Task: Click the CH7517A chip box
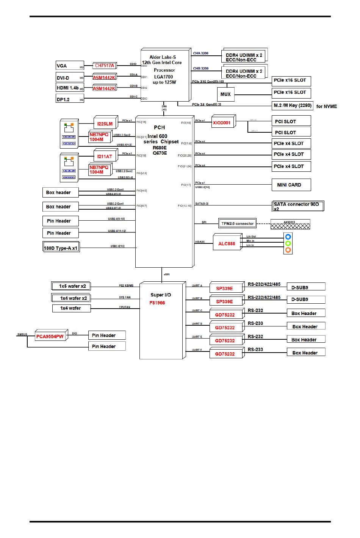[104, 66]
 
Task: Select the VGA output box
[70, 66]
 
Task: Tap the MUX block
[225, 94]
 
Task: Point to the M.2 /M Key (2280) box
[292, 105]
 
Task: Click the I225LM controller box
[105, 124]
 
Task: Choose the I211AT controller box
[105, 156]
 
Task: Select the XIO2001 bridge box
[223, 122]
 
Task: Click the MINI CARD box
[291, 185]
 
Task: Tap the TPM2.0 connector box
[237, 223]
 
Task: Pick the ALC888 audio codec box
[227, 244]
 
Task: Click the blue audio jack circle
[288, 237]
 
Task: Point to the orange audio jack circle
[288, 250]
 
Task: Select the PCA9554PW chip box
[50, 336]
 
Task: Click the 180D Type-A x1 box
[61, 248]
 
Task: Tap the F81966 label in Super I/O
[157, 303]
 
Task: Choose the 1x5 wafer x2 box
[71, 286]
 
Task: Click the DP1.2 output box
[70, 99]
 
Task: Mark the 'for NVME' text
[326, 107]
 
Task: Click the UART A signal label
[197, 286]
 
